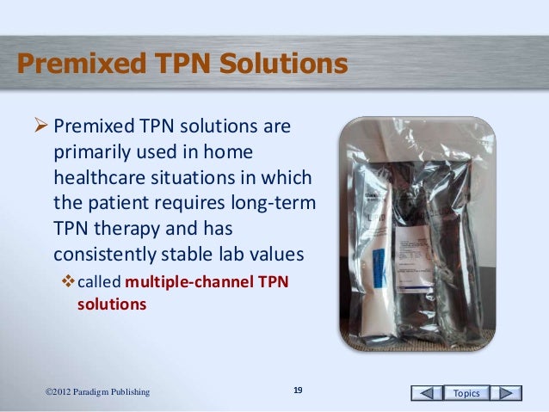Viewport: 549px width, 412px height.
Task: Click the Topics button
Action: (x=472, y=393)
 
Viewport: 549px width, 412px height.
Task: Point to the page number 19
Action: (x=298, y=392)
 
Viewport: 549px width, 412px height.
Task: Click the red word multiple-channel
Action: (x=181, y=285)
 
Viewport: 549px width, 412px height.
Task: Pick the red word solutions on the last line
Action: (x=112, y=304)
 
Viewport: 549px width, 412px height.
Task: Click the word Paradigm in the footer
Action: (x=90, y=393)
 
